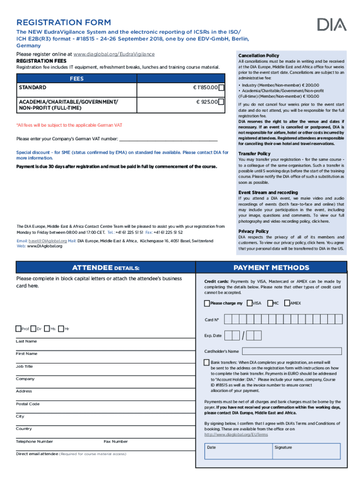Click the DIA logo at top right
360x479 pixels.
(332, 24)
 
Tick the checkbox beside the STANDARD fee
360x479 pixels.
(221, 87)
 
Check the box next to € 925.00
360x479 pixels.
(221, 102)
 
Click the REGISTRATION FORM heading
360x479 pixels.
(64, 22)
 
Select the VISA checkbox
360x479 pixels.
(250, 303)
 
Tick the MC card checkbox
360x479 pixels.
(270, 303)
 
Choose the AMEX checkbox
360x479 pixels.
(287, 303)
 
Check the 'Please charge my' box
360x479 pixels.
(207, 303)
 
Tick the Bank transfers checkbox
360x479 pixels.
(207, 363)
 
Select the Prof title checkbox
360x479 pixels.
(18, 329)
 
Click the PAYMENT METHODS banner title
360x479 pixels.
(271, 268)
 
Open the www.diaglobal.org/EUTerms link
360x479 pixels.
(236, 435)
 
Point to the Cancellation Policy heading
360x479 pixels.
(259, 56)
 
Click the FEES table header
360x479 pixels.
(77, 79)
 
